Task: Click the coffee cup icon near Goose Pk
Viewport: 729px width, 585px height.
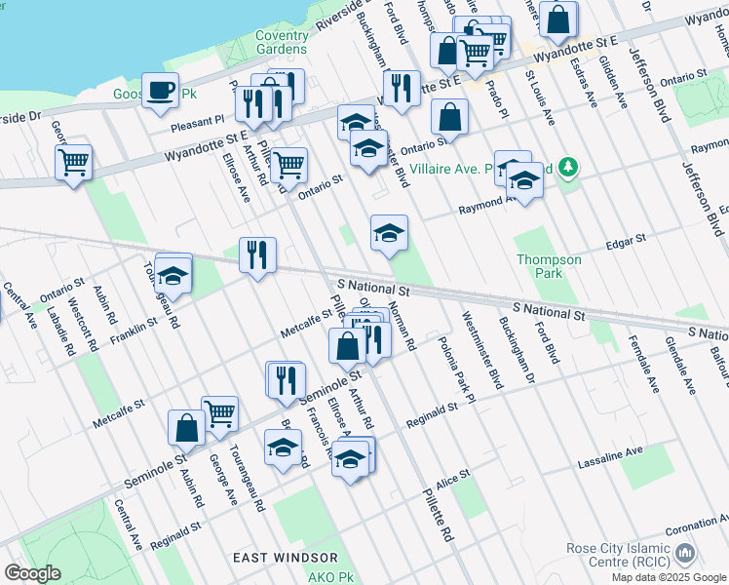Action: pos(160,91)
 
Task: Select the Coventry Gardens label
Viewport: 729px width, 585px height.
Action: pos(282,42)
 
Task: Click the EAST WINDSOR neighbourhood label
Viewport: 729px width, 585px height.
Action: pos(286,558)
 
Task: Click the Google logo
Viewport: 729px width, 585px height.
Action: pos(33,573)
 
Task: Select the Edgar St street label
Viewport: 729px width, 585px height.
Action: pos(626,239)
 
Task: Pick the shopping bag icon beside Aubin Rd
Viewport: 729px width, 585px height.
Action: pos(186,427)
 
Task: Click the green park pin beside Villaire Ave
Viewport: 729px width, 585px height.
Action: pos(569,167)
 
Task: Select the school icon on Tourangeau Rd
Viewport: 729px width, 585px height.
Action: pos(173,276)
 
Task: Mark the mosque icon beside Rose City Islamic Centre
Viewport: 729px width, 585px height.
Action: pos(685,554)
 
